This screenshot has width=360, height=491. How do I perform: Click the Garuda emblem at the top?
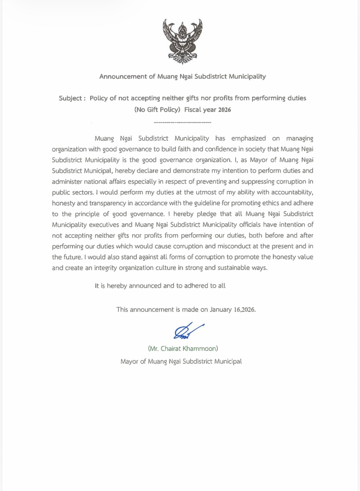pos(183,41)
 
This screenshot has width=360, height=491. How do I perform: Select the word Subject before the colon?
pos(70,98)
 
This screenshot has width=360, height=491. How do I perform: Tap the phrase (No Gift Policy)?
pos(157,110)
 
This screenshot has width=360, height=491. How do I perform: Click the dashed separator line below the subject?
pos(182,123)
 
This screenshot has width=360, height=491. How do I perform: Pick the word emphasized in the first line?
pos(248,138)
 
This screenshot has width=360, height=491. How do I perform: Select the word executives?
pos(103,225)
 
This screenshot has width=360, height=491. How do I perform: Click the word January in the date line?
pos(221,310)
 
